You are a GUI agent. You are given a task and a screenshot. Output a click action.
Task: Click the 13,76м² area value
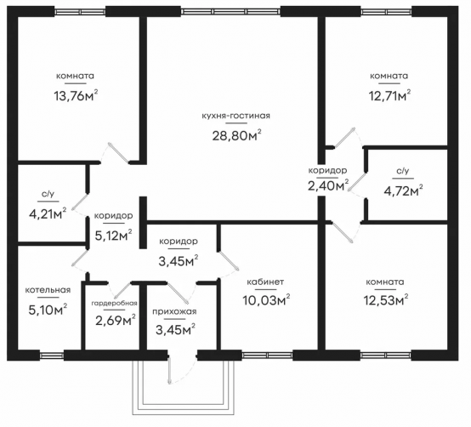tap(76, 95)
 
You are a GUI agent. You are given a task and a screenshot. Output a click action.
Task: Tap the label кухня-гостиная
tap(235, 116)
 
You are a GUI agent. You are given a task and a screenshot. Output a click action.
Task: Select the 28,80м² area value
tap(236, 135)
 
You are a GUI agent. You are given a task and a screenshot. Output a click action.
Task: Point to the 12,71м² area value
tap(389, 95)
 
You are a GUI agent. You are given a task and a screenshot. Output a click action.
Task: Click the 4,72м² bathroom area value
tap(404, 191)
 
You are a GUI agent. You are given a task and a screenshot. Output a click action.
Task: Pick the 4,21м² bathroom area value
tap(48, 213)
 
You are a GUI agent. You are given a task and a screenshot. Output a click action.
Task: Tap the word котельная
tap(48, 290)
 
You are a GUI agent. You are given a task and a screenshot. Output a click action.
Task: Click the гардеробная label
tap(114, 303)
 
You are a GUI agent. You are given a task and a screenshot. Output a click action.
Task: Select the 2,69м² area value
tap(116, 321)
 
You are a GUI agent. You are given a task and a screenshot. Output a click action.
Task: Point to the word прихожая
tap(174, 311)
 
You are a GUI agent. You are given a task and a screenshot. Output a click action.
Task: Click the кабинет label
tap(265, 282)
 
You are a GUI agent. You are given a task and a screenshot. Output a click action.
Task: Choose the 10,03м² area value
tap(266, 300)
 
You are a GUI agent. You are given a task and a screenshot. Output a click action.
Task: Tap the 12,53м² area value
tap(386, 300)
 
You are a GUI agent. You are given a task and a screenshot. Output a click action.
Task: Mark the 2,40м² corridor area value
tap(328, 185)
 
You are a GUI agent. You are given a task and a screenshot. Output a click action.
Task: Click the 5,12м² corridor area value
tap(114, 236)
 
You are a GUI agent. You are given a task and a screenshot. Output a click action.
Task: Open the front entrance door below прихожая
tap(169, 370)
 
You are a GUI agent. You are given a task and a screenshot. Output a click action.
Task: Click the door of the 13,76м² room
tap(119, 152)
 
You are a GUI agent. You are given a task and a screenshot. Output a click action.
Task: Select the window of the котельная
tap(52, 356)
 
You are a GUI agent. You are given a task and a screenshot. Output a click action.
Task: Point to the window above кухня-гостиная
tap(230, 11)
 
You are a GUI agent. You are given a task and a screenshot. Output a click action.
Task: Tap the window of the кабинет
tap(267, 356)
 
